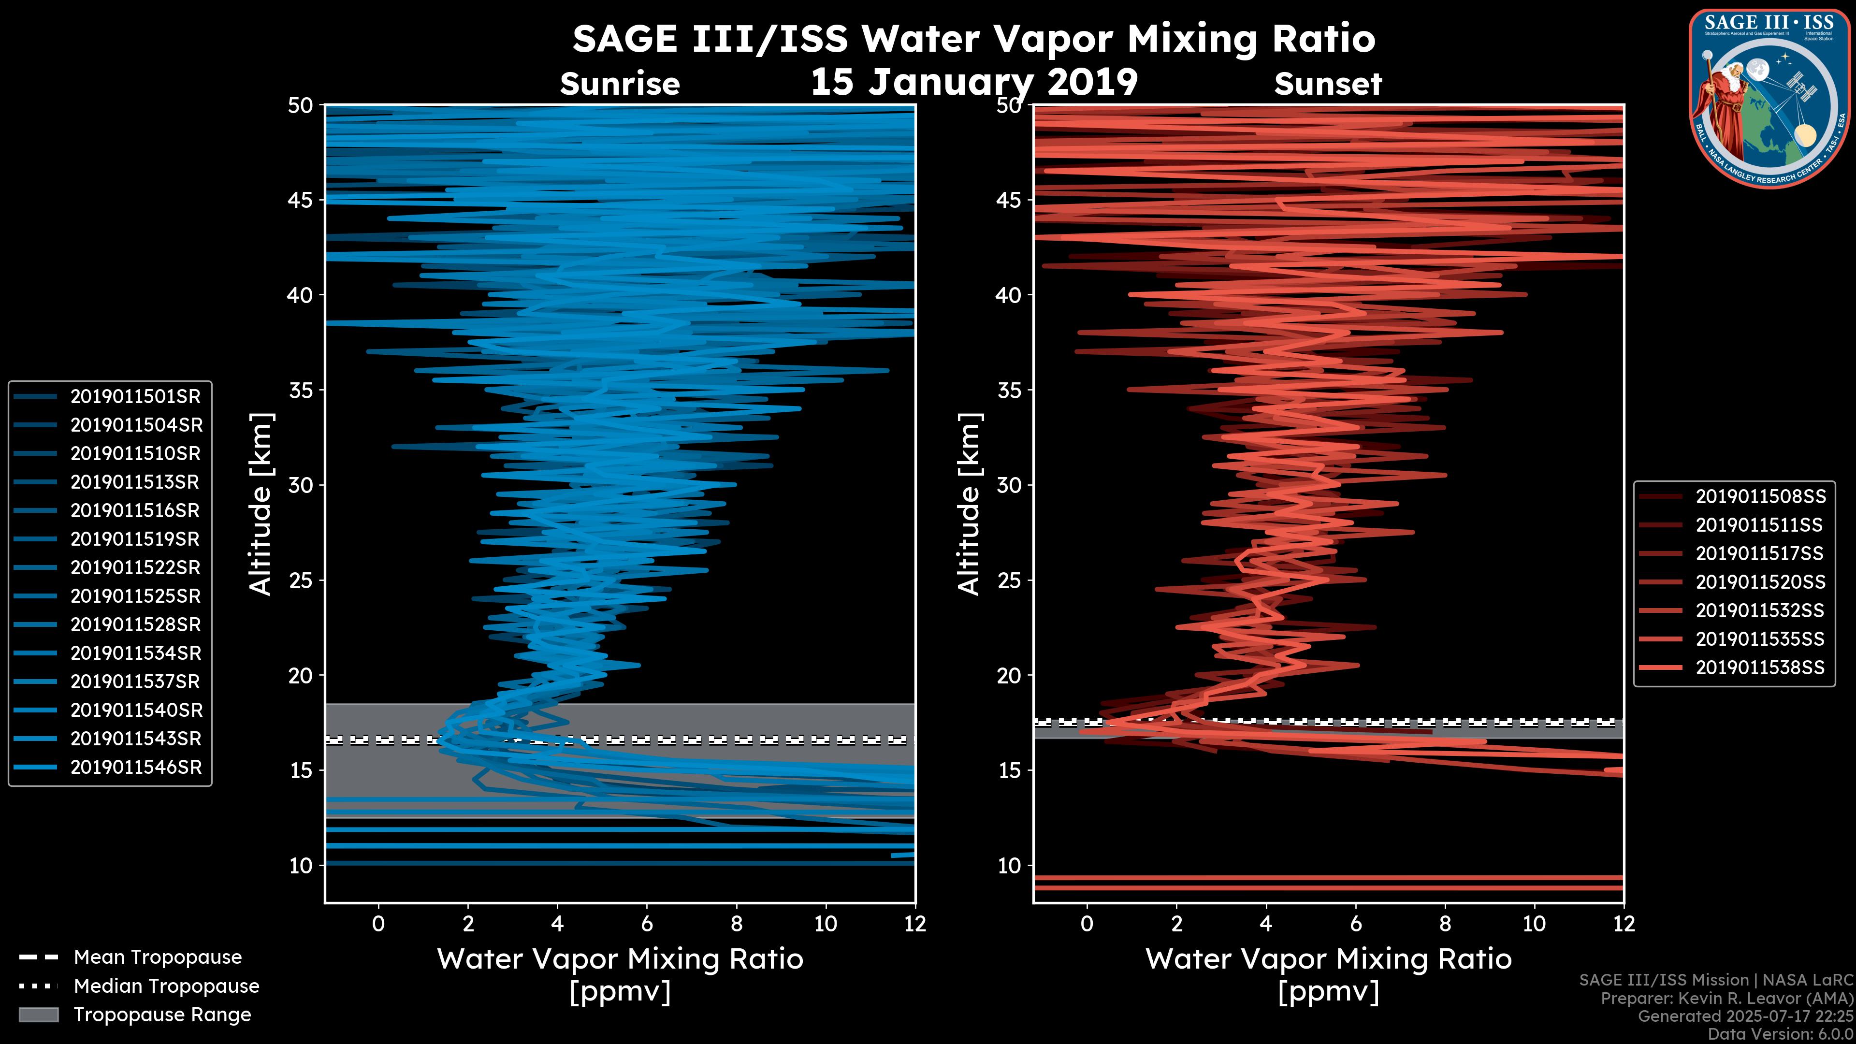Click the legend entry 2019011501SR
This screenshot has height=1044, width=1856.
[x=135, y=396]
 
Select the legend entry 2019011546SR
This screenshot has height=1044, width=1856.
[x=135, y=768]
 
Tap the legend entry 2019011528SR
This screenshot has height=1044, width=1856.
[x=135, y=624]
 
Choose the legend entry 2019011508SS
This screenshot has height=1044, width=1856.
[x=1761, y=496]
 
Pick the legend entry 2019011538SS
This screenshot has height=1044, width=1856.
[x=1761, y=668]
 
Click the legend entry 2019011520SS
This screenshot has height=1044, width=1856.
[x=1761, y=582]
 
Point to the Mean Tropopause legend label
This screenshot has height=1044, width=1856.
[x=158, y=957]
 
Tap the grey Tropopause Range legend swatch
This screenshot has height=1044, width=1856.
[x=38, y=1015]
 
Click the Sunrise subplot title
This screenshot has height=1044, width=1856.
[x=620, y=84]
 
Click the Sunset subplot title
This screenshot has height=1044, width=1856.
[x=1328, y=84]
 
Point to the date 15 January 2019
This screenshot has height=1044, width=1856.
[x=974, y=81]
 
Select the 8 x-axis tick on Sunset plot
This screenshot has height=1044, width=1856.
[x=1445, y=924]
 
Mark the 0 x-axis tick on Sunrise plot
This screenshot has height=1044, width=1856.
[x=378, y=924]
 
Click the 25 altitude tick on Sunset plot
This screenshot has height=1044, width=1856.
[x=1009, y=580]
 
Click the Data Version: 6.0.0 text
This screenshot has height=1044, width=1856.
[x=1781, y=1034]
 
